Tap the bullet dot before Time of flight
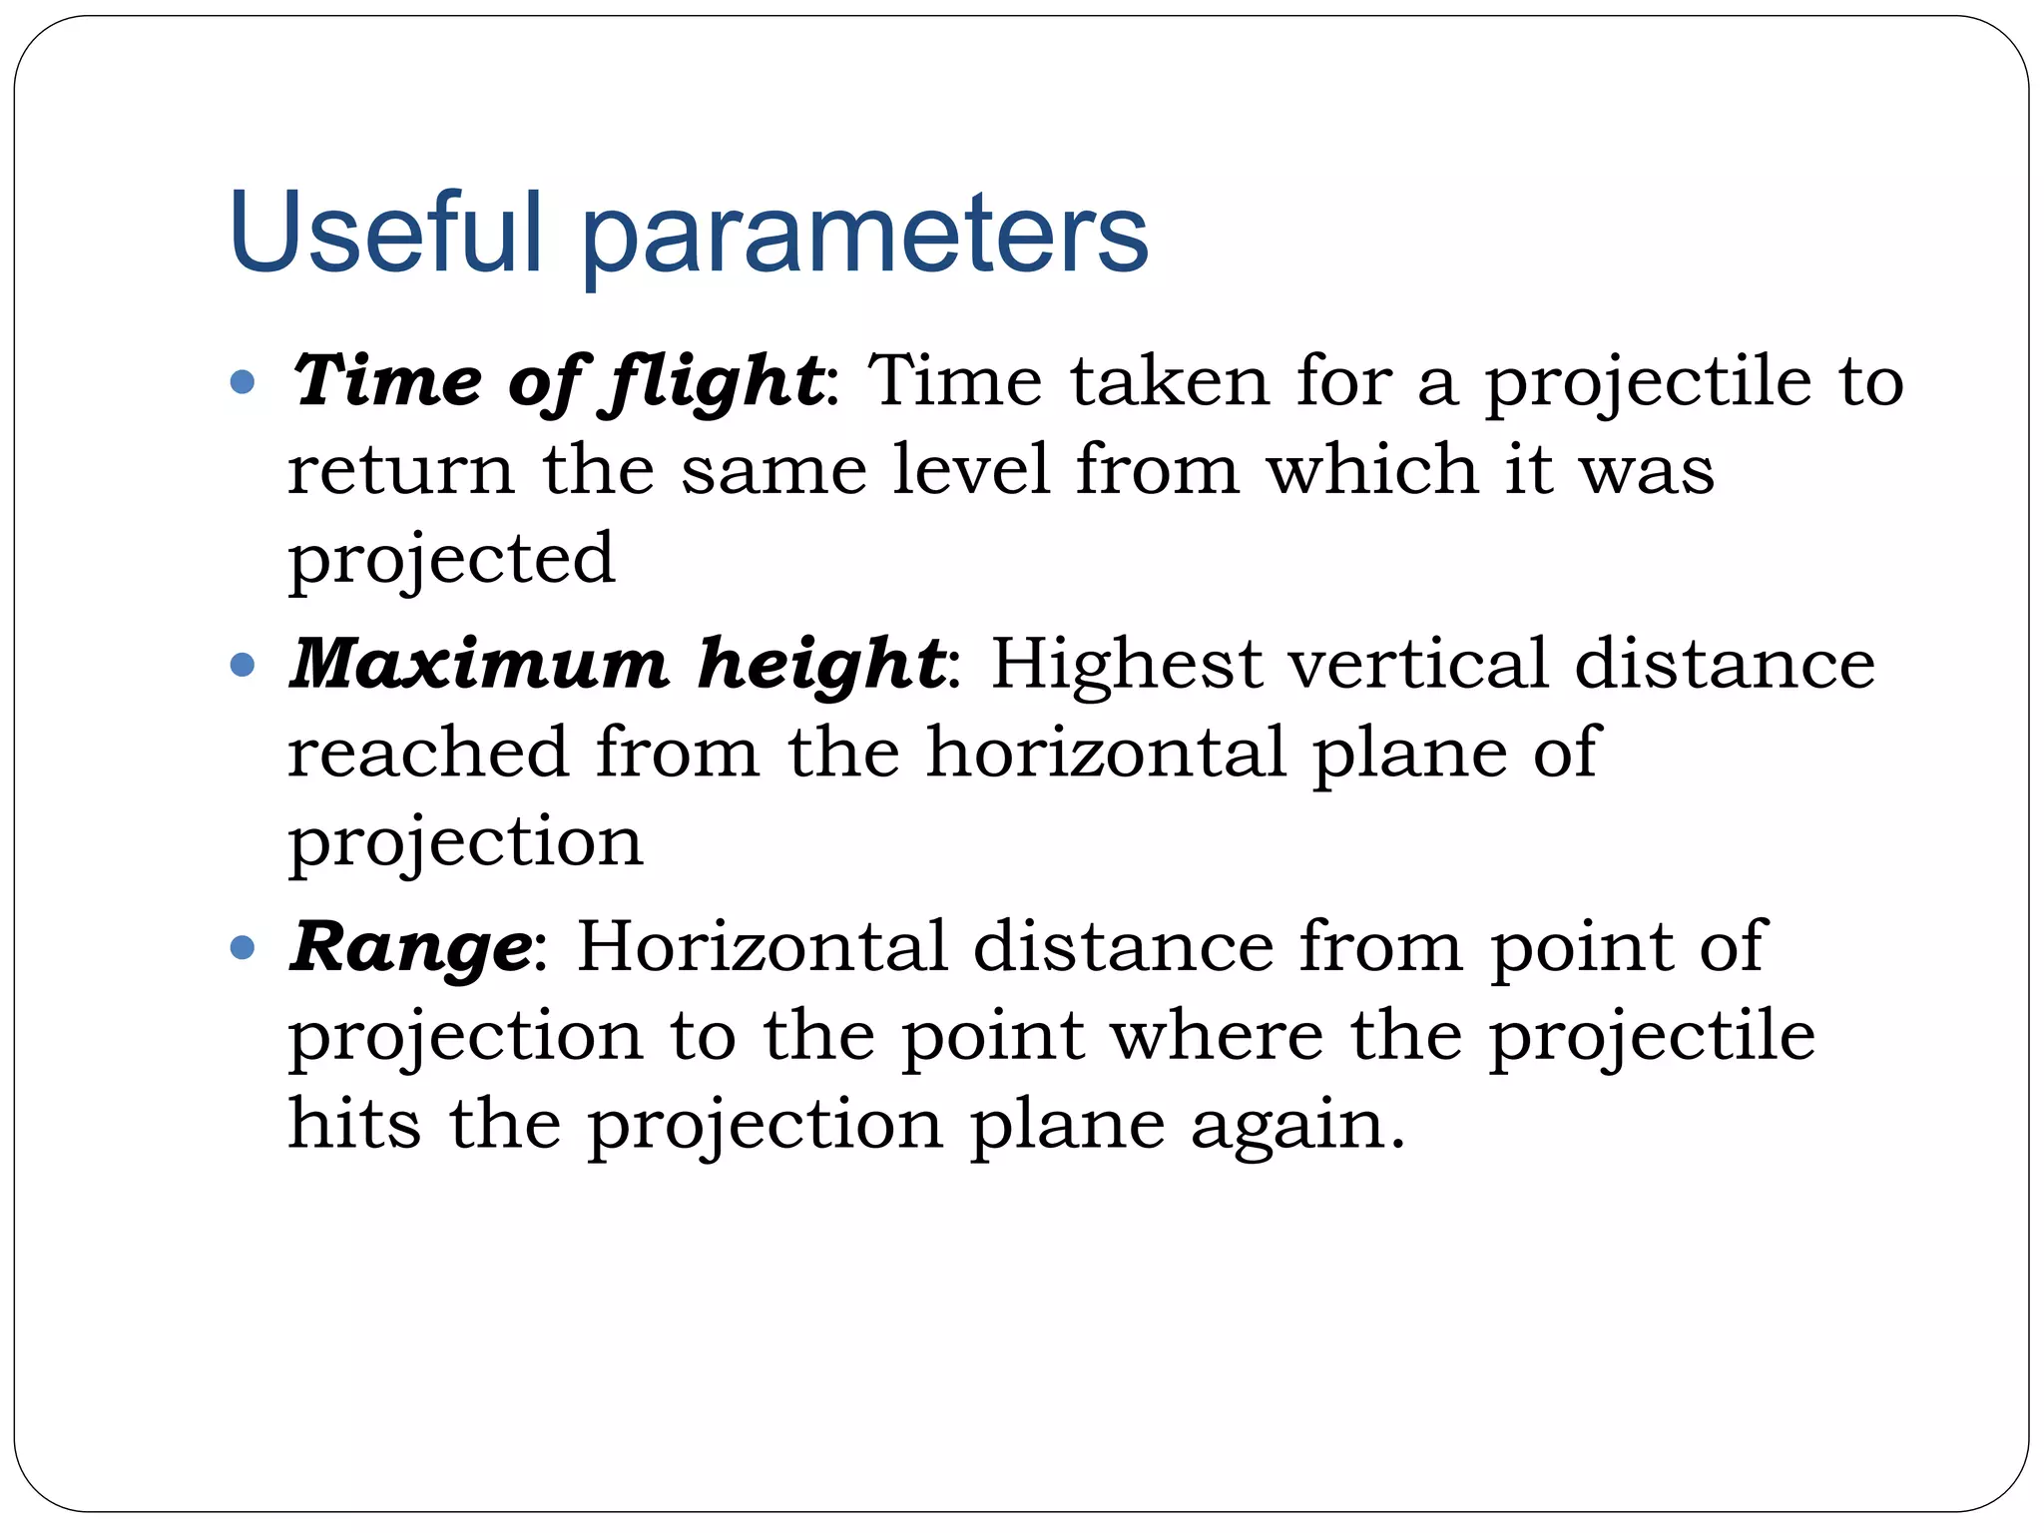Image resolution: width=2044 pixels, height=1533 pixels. (243, 381)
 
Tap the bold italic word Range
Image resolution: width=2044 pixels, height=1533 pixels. (410, 949)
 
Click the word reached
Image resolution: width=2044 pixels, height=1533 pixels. (428, 752)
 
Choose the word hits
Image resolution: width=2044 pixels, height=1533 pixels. (354, 1124)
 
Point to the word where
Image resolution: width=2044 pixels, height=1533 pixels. (1217, 1035)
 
